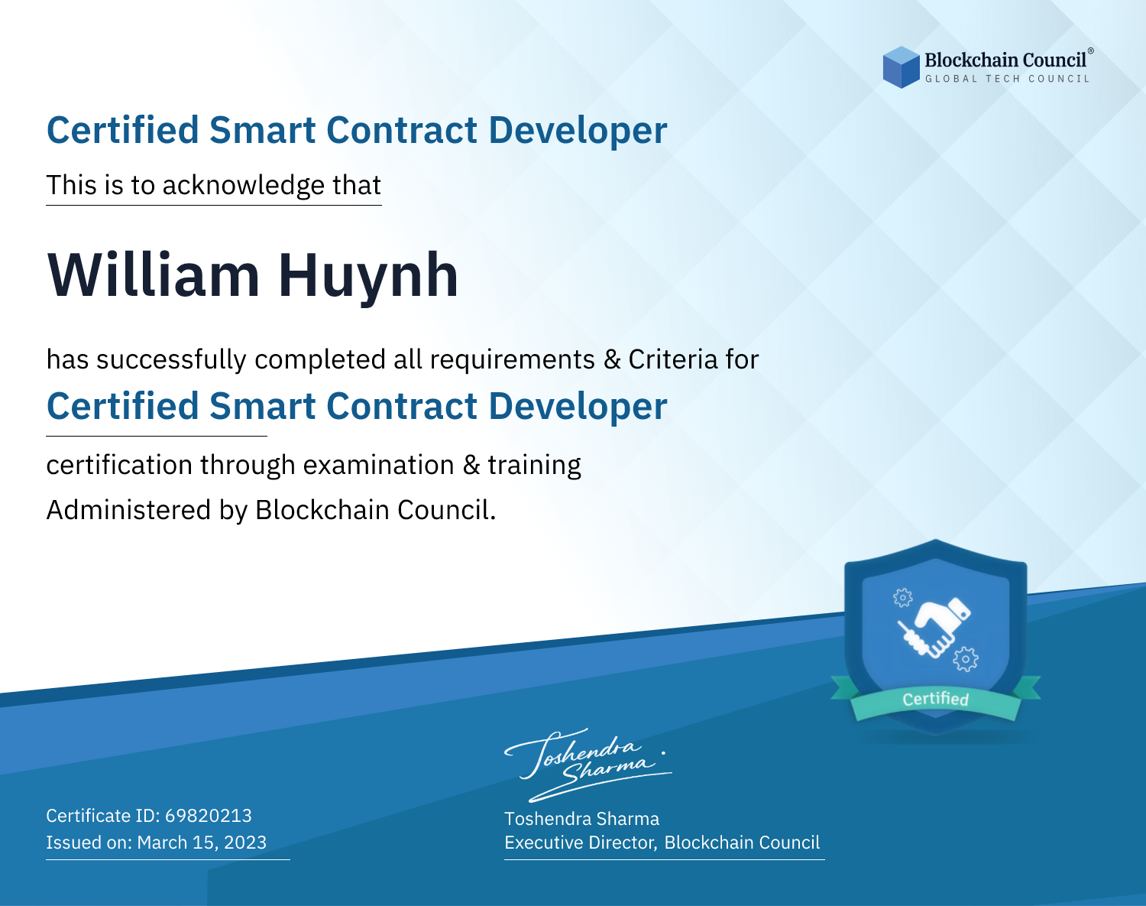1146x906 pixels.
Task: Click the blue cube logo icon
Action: point(901,67)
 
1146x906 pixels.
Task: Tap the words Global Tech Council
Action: point(1007,79)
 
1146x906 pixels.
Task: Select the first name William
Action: point(154,275)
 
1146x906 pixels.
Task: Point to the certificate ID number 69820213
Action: point(209,815)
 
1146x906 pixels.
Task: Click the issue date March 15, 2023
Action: point(202,842)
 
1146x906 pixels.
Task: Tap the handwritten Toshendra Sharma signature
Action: point(588,765)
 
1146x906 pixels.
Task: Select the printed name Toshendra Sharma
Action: point(581,819)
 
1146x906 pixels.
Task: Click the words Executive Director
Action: point(580,843)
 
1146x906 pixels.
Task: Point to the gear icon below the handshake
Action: point(966,659)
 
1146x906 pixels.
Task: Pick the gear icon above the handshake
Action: point(902,598)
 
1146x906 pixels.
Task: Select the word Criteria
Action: point(673,359)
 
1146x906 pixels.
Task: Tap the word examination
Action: point(379,465)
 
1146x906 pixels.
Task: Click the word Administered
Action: point(128,509)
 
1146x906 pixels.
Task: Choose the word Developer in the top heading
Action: point(578,132)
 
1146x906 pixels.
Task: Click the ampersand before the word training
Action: point(471,466)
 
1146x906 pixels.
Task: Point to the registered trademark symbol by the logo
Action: point(1091,50)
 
